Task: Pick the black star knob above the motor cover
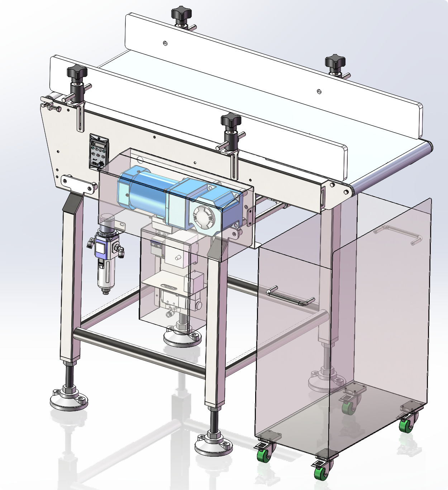[230, 120]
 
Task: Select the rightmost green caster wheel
[406, 425]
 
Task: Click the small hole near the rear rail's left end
[165, 43]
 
